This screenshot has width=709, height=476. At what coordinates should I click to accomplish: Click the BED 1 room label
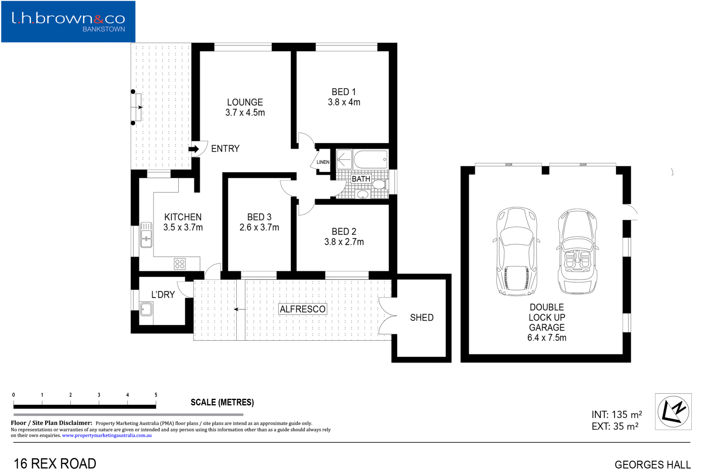click(343, 92)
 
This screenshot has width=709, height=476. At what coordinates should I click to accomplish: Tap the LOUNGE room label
click(245, 102)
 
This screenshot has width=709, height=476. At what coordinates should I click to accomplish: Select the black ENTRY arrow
click(193, 149)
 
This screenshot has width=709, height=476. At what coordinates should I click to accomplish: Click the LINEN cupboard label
click(323, 162)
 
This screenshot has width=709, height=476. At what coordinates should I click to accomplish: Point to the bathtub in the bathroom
click(371, 160)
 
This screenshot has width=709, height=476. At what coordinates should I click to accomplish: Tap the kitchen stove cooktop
click(180, 264)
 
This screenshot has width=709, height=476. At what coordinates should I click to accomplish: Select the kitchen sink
click(146, 235)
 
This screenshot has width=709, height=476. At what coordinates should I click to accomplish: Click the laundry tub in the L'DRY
click(146, 309)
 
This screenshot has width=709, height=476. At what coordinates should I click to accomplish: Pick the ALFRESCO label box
click(302, 309)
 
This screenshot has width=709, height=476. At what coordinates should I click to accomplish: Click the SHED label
click(422, 317)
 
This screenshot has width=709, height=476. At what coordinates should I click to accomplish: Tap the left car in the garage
click(516, 251)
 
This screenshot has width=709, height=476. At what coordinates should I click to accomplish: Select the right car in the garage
click(578, 251)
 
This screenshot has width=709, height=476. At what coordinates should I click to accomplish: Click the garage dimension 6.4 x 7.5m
click(547, 337)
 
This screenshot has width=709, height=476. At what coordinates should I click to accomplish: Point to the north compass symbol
click(673, 411)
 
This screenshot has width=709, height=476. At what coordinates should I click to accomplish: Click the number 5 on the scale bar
click(156, 395)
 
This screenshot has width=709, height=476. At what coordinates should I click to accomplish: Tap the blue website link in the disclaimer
click(107, 435)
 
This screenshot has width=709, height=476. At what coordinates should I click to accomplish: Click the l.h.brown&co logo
click(68, 21)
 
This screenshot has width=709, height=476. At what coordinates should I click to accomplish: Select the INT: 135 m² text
click(617, 414)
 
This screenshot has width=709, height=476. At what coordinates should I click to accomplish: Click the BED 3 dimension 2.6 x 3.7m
click(259, 227)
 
